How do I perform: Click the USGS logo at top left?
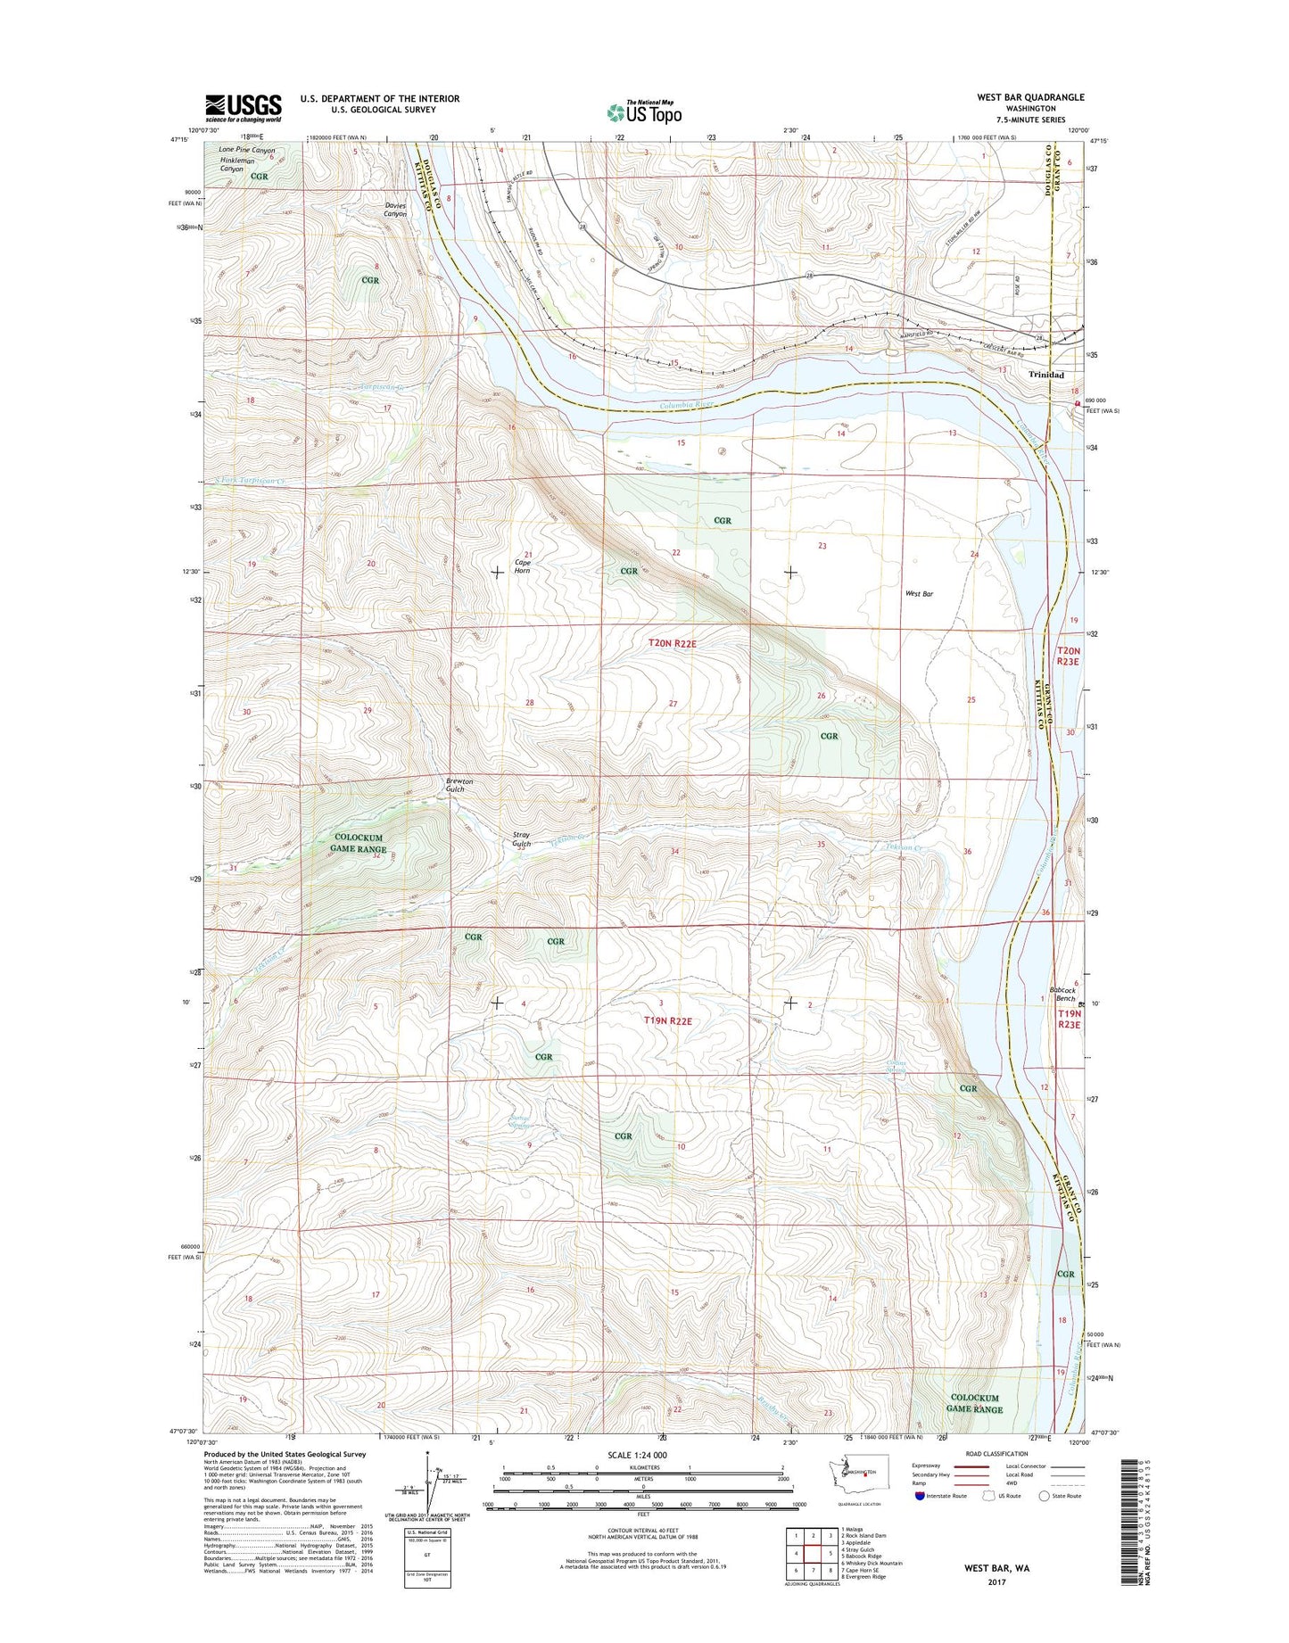pyautogui.click(x=244, y=108)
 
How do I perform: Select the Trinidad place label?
pyautogui.click(x=1045, y=376)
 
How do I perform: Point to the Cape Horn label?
pyautogui.click(x=522, y=566)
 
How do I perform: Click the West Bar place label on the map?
pyautogui.click(x=919, y=593)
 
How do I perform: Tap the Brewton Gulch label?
pyautogui.click(x=459, y=785)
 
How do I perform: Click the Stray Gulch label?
pyautogui.click(x=522, y=839)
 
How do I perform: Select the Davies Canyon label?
pyautogui.click(x=395, y=210)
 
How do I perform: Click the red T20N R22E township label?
pyautogui.click(x=682, y=642)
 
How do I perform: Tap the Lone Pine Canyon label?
pyautogui.click(x=247, y=150)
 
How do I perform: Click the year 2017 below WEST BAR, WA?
pyautogui.click(x=996, y=1582)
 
